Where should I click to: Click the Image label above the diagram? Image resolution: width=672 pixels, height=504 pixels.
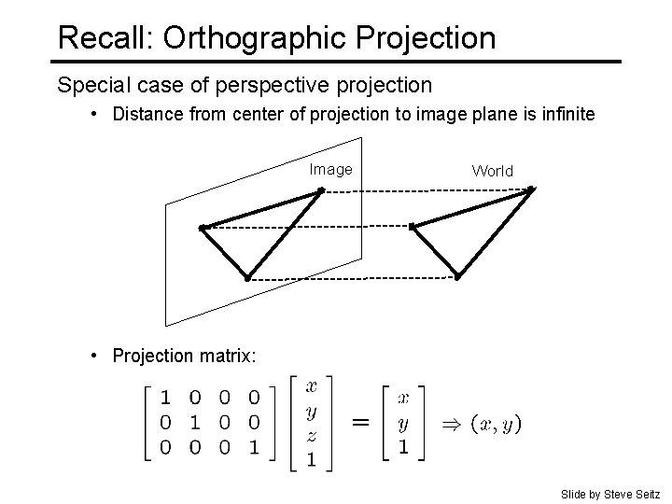tap(331, 169)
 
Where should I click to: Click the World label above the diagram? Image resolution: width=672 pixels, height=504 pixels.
tap(493, 171)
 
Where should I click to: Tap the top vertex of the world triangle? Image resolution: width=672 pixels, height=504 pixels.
tap(531, 190)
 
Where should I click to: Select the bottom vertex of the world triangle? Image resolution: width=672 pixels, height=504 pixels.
tap(458, 276)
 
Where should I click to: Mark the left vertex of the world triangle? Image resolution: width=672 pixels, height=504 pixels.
tap(413, 227)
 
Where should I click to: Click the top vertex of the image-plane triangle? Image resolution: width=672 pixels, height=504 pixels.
tap(320, 190)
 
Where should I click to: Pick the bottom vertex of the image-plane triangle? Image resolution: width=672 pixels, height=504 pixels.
tap(247, 277)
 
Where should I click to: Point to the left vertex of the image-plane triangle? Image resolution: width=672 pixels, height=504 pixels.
tap(202, 227)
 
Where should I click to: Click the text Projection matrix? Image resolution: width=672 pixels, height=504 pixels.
tap(183, 356)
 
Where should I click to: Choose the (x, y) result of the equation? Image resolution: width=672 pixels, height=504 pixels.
tap(497, 424)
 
